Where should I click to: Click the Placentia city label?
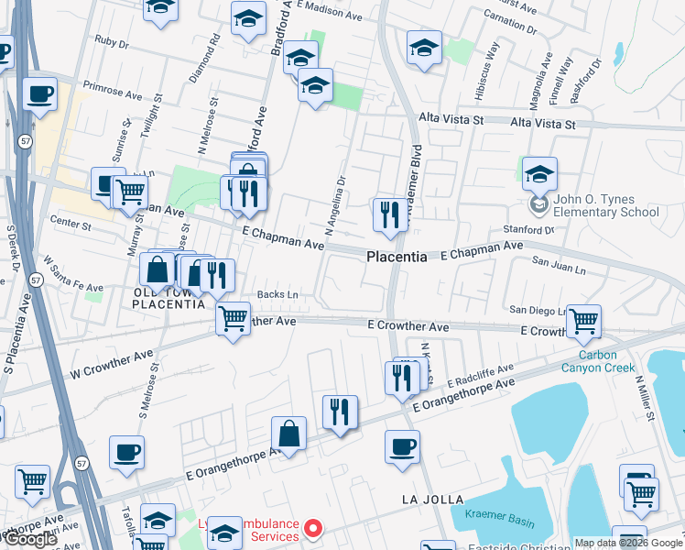pyautogui.click(x=397, y=258)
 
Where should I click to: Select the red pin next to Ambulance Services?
pyautogui.click(x=313, y=529)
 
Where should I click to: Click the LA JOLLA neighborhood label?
pyautogui.click(x=427, y=500)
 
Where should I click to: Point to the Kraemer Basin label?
pyautogui.click(x=500, y=521)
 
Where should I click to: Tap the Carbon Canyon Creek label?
pyautogui.click(x=605, y=361)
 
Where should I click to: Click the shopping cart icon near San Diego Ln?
pyautogui.click(x=583, y=321)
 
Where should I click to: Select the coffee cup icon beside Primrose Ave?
pyautogui.click(x=39, y=93)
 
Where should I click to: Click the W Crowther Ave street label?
pyautogui.click(x=112, y=365)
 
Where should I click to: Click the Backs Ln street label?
pyautogui.click(x=277, y=294)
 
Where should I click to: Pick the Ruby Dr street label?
pyautogui.click(x=111, y=42)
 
